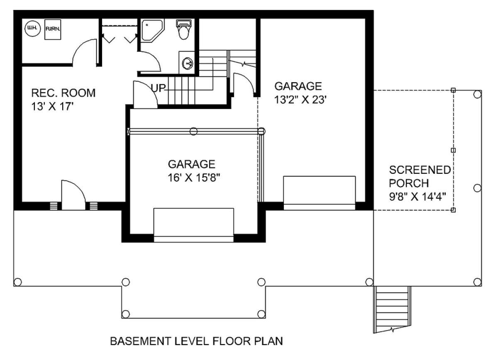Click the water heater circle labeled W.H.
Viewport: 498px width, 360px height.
(33, 28)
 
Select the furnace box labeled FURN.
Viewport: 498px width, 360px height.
(53, 29)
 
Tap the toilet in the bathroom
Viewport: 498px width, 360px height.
(183, 29)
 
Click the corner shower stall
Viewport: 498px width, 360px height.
(152, 30)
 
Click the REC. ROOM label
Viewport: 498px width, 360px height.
(63, 93)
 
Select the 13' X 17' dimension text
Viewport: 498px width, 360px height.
(52, 107)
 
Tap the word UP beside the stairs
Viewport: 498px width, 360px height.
(158, 88)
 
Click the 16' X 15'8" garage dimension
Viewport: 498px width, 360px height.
(194, 178)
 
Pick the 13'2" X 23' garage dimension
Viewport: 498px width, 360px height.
(300, 100)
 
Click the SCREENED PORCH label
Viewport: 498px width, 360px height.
(420, 177)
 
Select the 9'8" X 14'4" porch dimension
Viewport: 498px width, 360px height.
(417, 197)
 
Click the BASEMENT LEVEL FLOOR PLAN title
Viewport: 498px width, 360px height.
(197, 341)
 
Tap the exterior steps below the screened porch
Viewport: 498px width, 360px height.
(392, 309)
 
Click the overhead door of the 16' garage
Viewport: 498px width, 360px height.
(194, 225)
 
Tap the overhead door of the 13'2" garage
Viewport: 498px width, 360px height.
(320, 193)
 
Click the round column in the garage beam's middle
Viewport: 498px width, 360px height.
(193, 131)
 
